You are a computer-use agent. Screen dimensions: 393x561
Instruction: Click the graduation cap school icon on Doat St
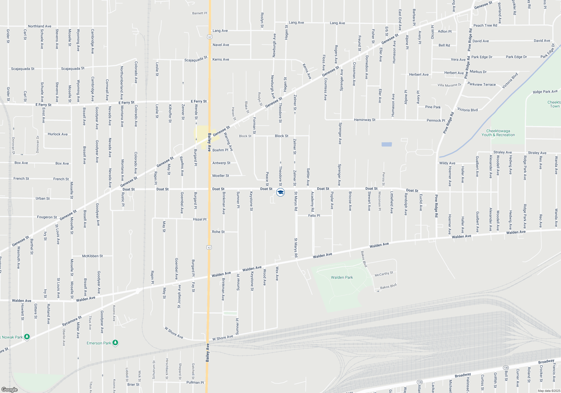pos(280,192)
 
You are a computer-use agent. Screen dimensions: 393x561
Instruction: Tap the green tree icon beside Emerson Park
pos(115,343)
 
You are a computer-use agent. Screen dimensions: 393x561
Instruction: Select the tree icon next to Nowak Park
pos(27,337)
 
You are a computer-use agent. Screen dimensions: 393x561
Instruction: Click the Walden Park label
pos(342,277)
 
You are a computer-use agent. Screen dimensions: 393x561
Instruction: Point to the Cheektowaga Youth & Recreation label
pos(498,133)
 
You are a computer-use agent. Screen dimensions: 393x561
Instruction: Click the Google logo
pos(10,389)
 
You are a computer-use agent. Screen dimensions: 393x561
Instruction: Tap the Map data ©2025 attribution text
pos(549,391)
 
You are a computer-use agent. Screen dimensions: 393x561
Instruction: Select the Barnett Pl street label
pos(199,13)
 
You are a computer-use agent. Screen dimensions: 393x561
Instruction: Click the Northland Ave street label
pos(40,26)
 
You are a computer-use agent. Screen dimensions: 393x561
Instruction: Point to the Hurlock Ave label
pos(58,134)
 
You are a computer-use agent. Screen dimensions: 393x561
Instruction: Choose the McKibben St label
pos(92,256)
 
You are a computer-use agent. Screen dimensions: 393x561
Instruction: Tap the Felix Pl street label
pos(314,216)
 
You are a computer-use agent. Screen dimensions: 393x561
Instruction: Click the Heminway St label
pos(364,120)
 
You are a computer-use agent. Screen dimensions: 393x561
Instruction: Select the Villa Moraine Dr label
pos(449,85)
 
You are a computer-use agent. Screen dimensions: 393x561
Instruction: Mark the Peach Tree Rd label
pos(485,26)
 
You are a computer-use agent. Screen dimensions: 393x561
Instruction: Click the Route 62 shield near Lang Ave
pos(210,37)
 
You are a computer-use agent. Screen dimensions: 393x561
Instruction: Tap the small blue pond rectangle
pos(387,144)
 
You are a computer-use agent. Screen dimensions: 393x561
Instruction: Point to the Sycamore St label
pos(72,321)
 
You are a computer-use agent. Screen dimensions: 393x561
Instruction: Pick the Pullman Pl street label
pos(195,382)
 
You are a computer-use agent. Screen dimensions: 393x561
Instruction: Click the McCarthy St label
pos(384,274)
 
